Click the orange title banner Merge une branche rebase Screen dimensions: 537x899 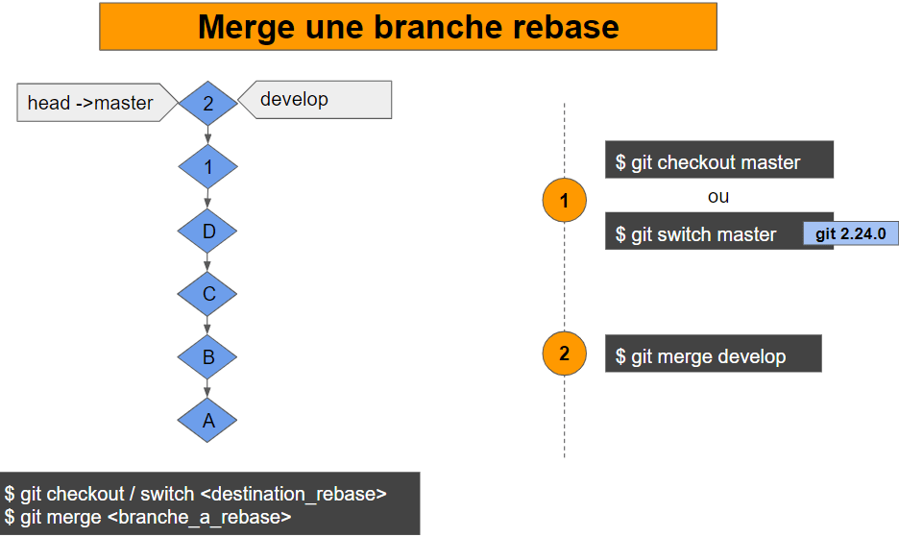click(408, 27)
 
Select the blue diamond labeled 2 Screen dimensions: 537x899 click(207, 103)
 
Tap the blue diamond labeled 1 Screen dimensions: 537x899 click(207, 167)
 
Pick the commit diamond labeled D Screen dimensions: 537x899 click(207, 231)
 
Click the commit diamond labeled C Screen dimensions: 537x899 click(207, 294)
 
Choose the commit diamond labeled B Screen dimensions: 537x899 click(207, 357)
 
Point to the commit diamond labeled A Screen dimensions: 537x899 click(207, 421)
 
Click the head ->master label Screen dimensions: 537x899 click(92, 103)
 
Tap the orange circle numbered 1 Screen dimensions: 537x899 click(564, 200)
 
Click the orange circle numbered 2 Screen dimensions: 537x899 click(564, 354)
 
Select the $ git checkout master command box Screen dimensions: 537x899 click(718, 161)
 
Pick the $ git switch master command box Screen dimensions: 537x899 click(703, 234)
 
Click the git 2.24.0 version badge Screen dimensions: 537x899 click(850, 233)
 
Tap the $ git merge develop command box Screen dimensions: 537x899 click(713, 355)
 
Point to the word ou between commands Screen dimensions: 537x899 click(718, 197)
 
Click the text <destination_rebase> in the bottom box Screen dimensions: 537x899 click(294, 494)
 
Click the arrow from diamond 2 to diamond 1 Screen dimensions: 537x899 click(207, 135)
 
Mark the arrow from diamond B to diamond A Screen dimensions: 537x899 click(207, 388)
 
